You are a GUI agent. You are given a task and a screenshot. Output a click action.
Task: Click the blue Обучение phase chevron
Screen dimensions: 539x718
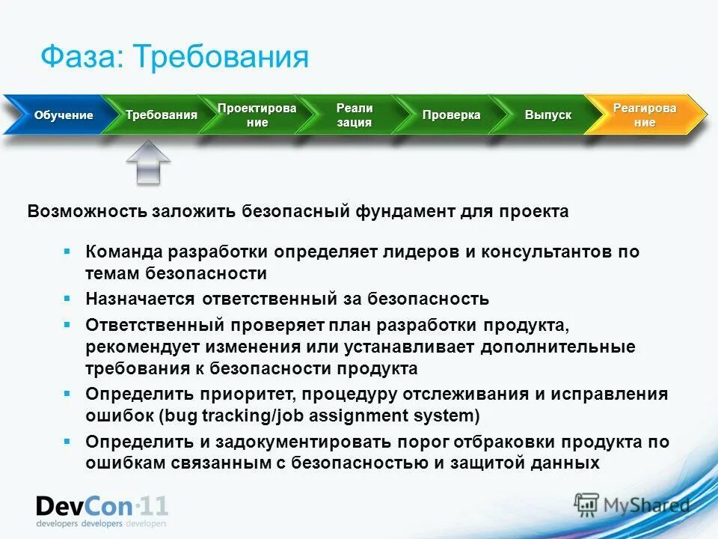point(60,115)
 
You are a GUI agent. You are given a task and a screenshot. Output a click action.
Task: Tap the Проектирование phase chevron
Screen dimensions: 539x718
point(257,115)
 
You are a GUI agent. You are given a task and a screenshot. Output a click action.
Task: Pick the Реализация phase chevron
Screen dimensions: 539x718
point(354,115)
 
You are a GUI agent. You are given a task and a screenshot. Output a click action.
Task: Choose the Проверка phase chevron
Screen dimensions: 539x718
point(451,115)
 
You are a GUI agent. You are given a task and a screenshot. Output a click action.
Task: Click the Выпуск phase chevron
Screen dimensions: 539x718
point(547,115)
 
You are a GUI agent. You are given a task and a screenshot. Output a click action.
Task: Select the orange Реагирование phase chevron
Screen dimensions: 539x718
point(644,115)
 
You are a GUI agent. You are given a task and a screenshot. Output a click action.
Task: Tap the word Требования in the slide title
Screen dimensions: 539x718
point(221,57)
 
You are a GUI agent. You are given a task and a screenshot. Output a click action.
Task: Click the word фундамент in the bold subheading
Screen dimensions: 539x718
point(399,212)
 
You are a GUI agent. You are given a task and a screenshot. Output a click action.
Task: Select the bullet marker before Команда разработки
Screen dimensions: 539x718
point(67,251)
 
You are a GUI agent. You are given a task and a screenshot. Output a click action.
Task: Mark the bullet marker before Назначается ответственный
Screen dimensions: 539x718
point(67,298)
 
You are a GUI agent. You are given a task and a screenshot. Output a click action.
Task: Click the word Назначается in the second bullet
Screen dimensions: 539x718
point(138,299)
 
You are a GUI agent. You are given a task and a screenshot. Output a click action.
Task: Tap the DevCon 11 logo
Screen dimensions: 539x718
point(102,509)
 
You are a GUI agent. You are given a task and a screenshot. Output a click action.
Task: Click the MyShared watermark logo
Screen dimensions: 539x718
point(633,505)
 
